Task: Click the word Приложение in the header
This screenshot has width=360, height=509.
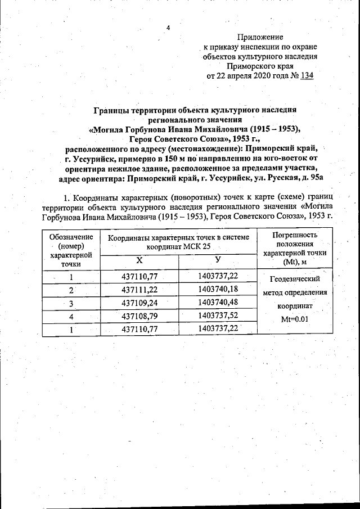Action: (x=260, y=37)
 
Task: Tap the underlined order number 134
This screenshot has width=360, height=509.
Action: (x=307, y=75)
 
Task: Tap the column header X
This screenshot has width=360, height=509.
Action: (x=139, y=261)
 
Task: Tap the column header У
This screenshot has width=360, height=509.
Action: (x=217, y=260)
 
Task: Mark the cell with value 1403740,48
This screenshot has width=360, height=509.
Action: (x=218, y=303)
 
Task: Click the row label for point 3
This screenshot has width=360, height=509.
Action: (x=71, y=303)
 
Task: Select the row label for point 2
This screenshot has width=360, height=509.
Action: (x=71, y=290)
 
